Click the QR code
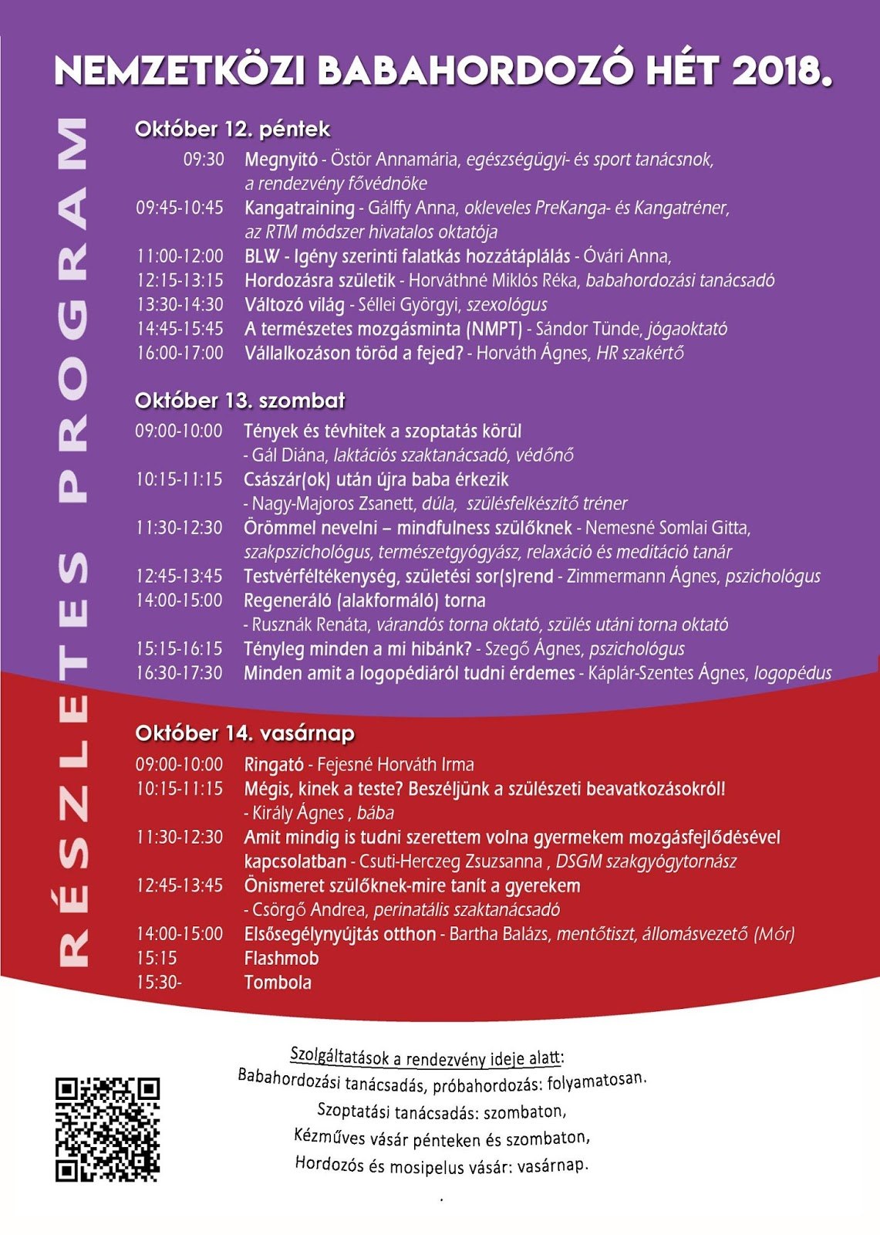(x=107, y=1129)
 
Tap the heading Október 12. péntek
(x=232, y=129)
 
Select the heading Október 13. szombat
(x=240, y=401)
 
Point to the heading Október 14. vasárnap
(x=244, y=733)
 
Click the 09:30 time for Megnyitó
(x=204, y=160)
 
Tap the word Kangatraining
(x=299, y=208)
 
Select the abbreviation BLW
(x=262, y=256)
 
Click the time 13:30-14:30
(x=180, y=305)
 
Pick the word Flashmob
(x=282, y=959)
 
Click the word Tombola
(x=278, y=983)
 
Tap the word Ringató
(x=274, y=765)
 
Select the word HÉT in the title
(x=682, y=72)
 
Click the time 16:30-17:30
(x=179, y=673)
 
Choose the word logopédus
(x=793, y=673)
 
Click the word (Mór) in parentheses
(x=774, y=934)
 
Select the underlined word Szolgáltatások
(x=339, y=1055)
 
